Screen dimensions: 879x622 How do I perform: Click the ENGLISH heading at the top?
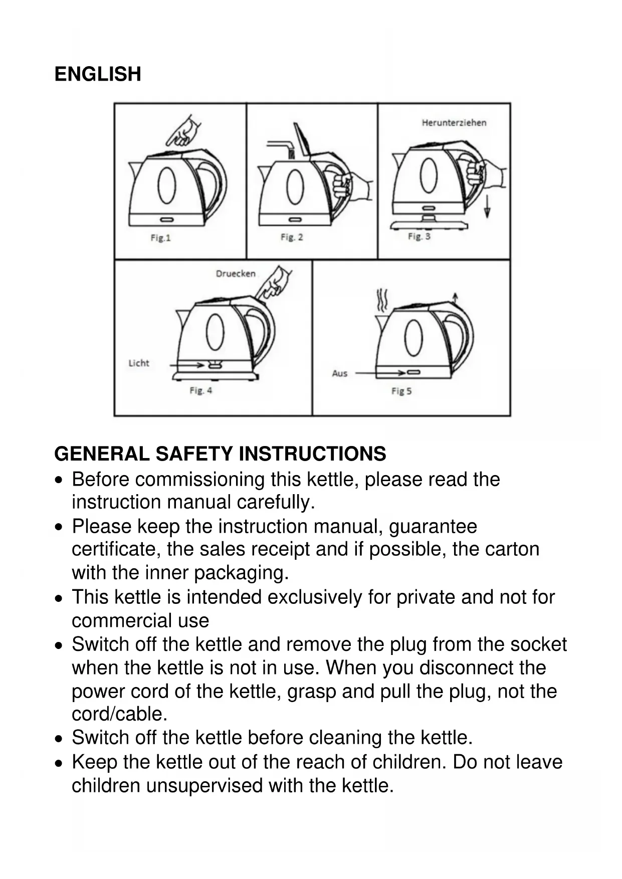[98, 74]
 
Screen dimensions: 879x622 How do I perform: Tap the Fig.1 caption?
[160, 238]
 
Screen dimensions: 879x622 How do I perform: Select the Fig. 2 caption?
[292, 237]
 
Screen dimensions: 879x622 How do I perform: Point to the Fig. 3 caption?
[419, 236]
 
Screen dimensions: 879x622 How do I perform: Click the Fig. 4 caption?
[200, 390]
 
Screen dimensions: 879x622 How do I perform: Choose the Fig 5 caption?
[401, 391]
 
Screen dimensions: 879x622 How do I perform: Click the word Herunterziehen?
[454, 123]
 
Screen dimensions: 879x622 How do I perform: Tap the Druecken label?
[236, 274]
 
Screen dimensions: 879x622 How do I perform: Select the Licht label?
[139, 363]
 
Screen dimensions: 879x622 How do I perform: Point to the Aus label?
[339, 373]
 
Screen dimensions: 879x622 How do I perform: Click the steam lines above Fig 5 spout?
[382, 300]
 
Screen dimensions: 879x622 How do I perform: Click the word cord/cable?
[119, 714]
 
